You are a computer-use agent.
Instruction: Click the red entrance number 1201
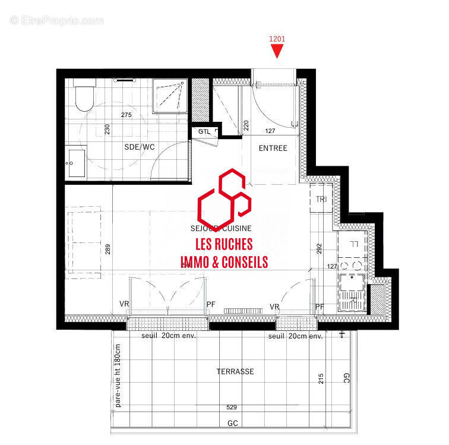pyautogui.click(x=277, y=39)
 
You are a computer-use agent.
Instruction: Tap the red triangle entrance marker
pyautogui.click(x=277, y=52)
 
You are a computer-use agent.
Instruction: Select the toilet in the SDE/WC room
pyautogui.click(x=83, y=97)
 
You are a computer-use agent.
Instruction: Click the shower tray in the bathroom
pyautogui.click(x=170, y=95)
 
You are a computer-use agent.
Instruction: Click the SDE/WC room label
pyautogui.click(x=140, y=147)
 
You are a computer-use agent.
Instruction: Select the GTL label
pyautogui.click(x=205, y=131)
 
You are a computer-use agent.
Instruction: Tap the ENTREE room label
pyautogui.click(x=273, y=148)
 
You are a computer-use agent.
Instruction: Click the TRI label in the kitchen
pyautogui.click(x=321, y=199)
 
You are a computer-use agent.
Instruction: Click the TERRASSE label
pyautogui.click(x=235, y=371)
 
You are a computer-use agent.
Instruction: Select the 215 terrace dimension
pyautogui.click(x=321, y=378)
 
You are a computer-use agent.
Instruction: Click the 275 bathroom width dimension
pyautogui.click(x=126, y=115)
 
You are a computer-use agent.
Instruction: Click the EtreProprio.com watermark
pyautogui.click(x=56, y=20)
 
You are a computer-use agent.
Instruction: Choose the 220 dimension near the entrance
pyautogui.click(x=246, y=126)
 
